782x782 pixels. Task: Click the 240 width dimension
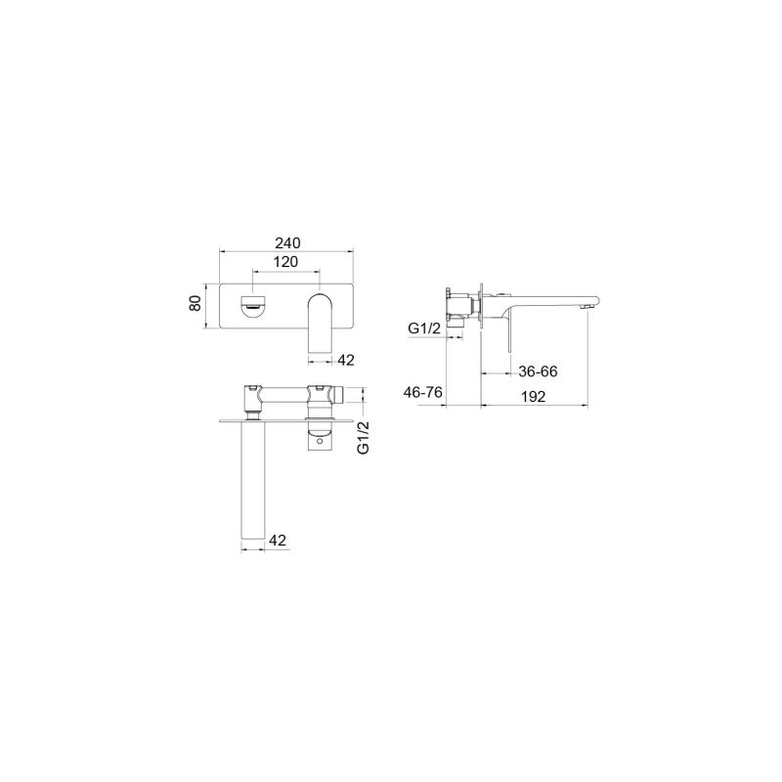click(x=286, y=242)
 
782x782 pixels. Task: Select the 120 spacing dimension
click(x=285, y=262)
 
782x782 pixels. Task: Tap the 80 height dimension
click(x=195, y=302)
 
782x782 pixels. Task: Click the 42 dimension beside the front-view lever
click(x=346, y=360)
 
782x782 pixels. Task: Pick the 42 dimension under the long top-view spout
click(x=278, y=540)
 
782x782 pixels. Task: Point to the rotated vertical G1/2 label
click(x=364, y=437)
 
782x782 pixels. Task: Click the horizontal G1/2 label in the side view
click(x=424, y=330)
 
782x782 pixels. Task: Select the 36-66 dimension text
click(x=538, y=371)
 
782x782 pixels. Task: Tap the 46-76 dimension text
click(x=423, y=392)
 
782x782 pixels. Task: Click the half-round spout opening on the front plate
click(x=253, y=305)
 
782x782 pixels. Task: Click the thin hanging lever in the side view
click(x=507, y=332)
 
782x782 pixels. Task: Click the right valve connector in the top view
click(x=320, y=400)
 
